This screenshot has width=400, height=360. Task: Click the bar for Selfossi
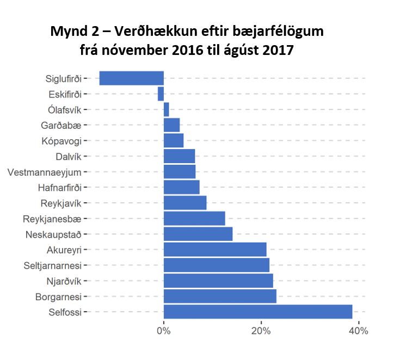(257, 312)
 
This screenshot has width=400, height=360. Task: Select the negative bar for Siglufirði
(131, 78)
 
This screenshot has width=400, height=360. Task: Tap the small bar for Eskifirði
(161, 94)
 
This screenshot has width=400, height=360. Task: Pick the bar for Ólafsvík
(166, 109)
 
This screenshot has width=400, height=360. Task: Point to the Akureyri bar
(215, 250)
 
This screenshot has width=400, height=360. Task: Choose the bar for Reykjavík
(184, 203)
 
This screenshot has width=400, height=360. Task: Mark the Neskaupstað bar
(198, 234)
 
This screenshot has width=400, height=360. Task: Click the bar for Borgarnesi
(220, 296)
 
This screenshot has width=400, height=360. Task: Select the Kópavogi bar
(173, 140)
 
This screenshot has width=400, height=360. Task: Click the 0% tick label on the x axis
(163, 331)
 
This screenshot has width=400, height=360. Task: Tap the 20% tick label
(261, 331)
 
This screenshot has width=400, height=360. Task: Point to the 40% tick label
(358, 331)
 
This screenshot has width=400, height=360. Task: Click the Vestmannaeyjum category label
(44, 173)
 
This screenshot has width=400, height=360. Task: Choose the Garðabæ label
(61, 126)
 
